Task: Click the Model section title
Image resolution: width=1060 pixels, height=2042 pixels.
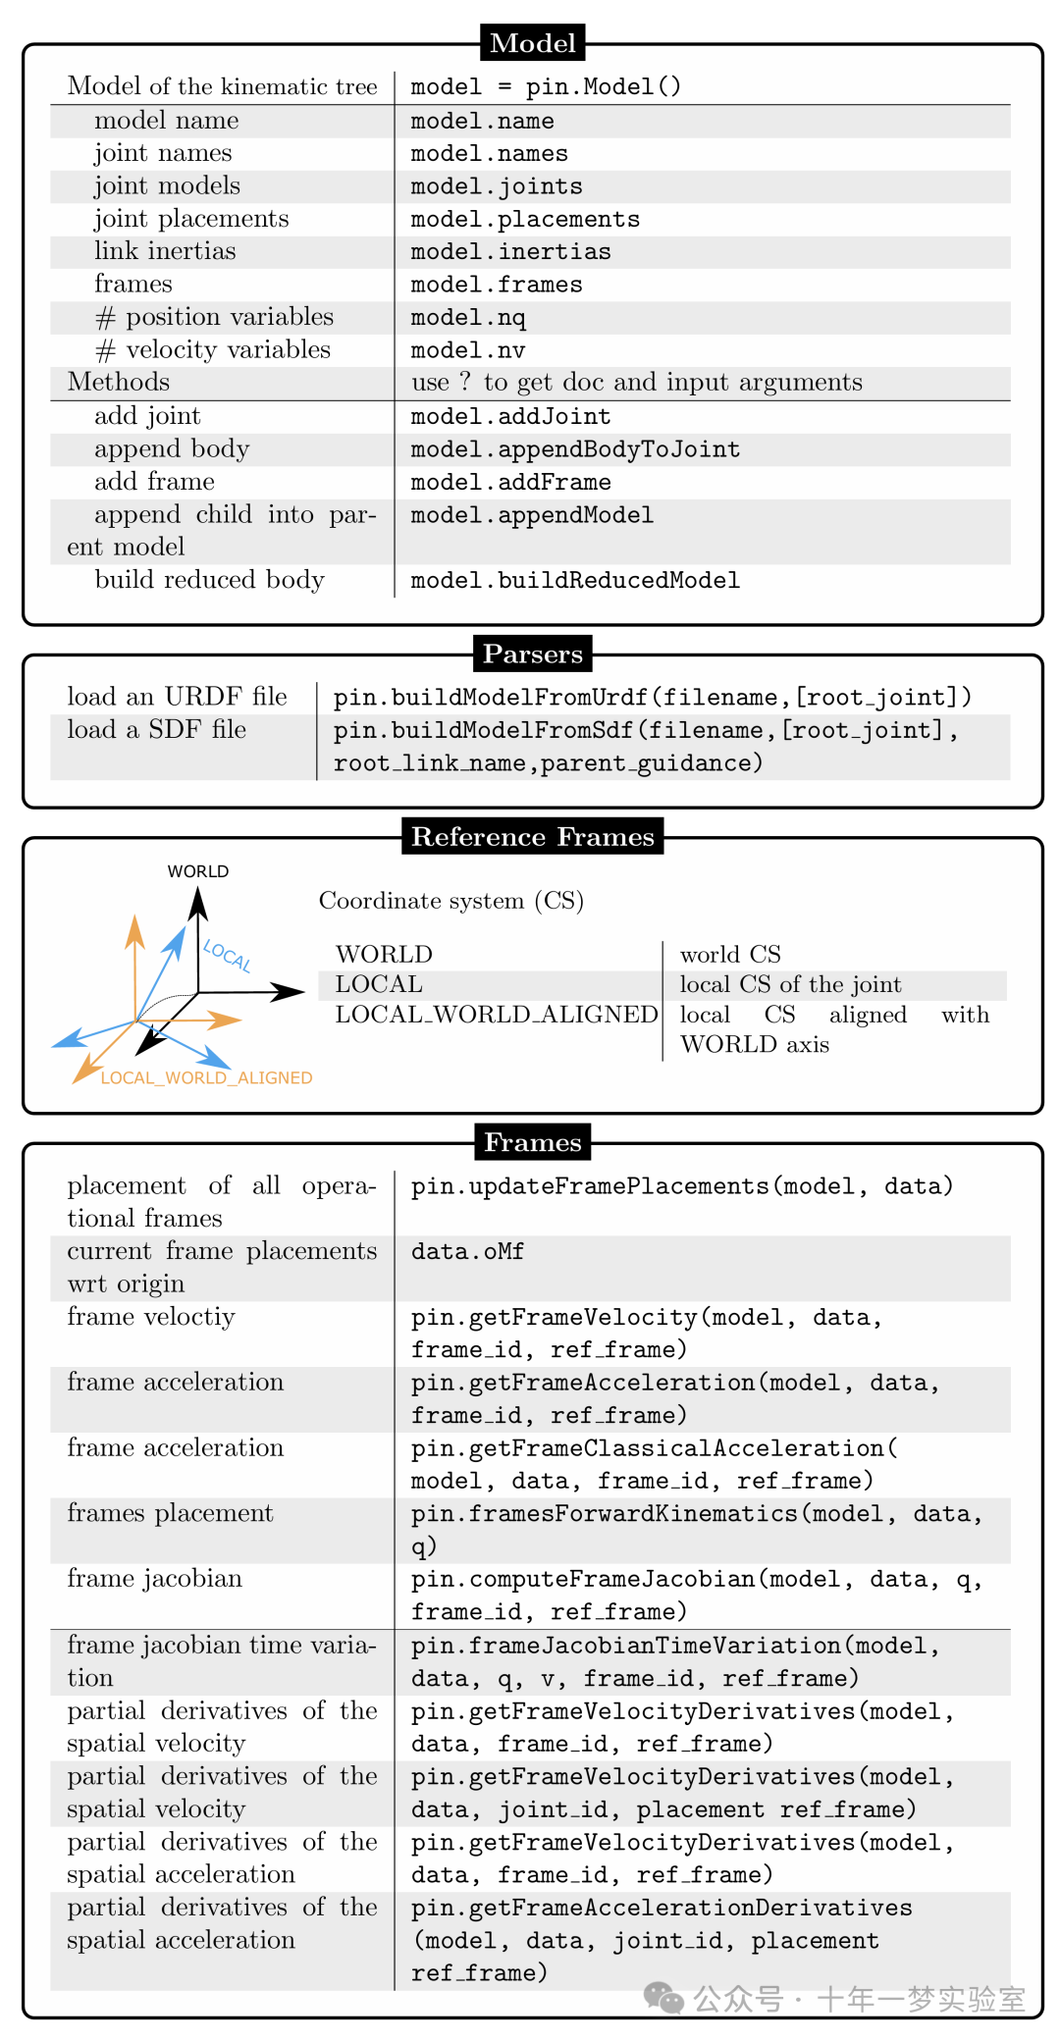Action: (532, 43)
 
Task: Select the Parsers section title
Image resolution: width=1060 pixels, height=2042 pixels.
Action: (532, 654)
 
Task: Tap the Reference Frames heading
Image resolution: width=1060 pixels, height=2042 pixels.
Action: (532, 836)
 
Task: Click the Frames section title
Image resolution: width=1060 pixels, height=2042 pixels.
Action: (532, 1142)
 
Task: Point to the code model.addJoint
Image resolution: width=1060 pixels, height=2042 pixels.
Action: (510, 416)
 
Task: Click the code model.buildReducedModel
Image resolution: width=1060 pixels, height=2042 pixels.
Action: (575, 580)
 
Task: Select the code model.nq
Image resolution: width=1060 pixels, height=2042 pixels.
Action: (468, 318)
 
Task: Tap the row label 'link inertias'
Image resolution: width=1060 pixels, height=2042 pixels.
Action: (165, 251)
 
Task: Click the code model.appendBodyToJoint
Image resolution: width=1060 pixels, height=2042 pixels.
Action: (575, 449)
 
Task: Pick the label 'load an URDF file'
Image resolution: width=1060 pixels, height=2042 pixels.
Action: (177, 697)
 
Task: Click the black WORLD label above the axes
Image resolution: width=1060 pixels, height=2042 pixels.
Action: (198, 871)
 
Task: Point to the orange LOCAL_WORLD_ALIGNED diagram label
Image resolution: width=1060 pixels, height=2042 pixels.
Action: (206, 1077)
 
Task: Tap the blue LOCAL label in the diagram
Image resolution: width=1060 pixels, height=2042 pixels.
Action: (228, 955)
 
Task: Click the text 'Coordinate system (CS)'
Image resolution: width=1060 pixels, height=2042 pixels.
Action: (451, 901)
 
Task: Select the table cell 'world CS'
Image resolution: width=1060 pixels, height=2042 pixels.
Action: (730, 955)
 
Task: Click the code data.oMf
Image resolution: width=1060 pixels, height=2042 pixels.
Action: (467, 1251)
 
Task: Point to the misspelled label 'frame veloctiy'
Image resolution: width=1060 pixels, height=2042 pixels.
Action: (151, 1317)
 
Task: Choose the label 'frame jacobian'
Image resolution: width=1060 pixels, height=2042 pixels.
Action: (154, 1579)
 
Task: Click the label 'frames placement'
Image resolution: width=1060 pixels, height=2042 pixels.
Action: (170, 1513)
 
